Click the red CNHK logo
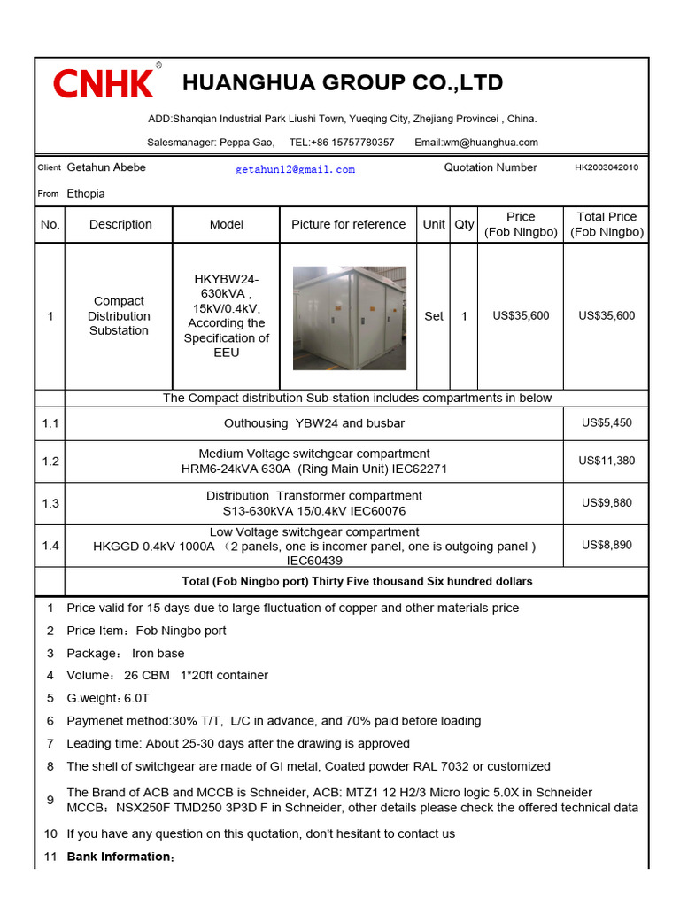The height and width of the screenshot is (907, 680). point(104,83)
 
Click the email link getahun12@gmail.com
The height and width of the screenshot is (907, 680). point(295,169)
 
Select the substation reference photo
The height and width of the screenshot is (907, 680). point(349,317)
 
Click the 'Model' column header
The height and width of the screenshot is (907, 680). point(226,225)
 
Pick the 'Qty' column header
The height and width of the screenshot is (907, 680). point(464,225)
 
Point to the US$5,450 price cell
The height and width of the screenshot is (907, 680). point(607,423)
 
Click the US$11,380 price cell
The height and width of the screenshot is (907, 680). point(607,461)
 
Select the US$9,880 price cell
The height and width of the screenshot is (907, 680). point(607,503)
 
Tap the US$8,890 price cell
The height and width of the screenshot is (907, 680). point(607,546)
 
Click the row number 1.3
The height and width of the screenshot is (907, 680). point(50,503)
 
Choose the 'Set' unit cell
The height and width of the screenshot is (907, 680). point(433,316)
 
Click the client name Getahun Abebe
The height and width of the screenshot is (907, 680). point(106,167)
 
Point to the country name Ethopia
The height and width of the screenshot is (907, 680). point(86,193)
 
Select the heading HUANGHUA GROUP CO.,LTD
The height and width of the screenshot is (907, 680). point(343,83)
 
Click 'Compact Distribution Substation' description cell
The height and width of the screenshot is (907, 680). point(119,316)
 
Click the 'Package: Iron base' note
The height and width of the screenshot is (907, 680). point(126,654)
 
